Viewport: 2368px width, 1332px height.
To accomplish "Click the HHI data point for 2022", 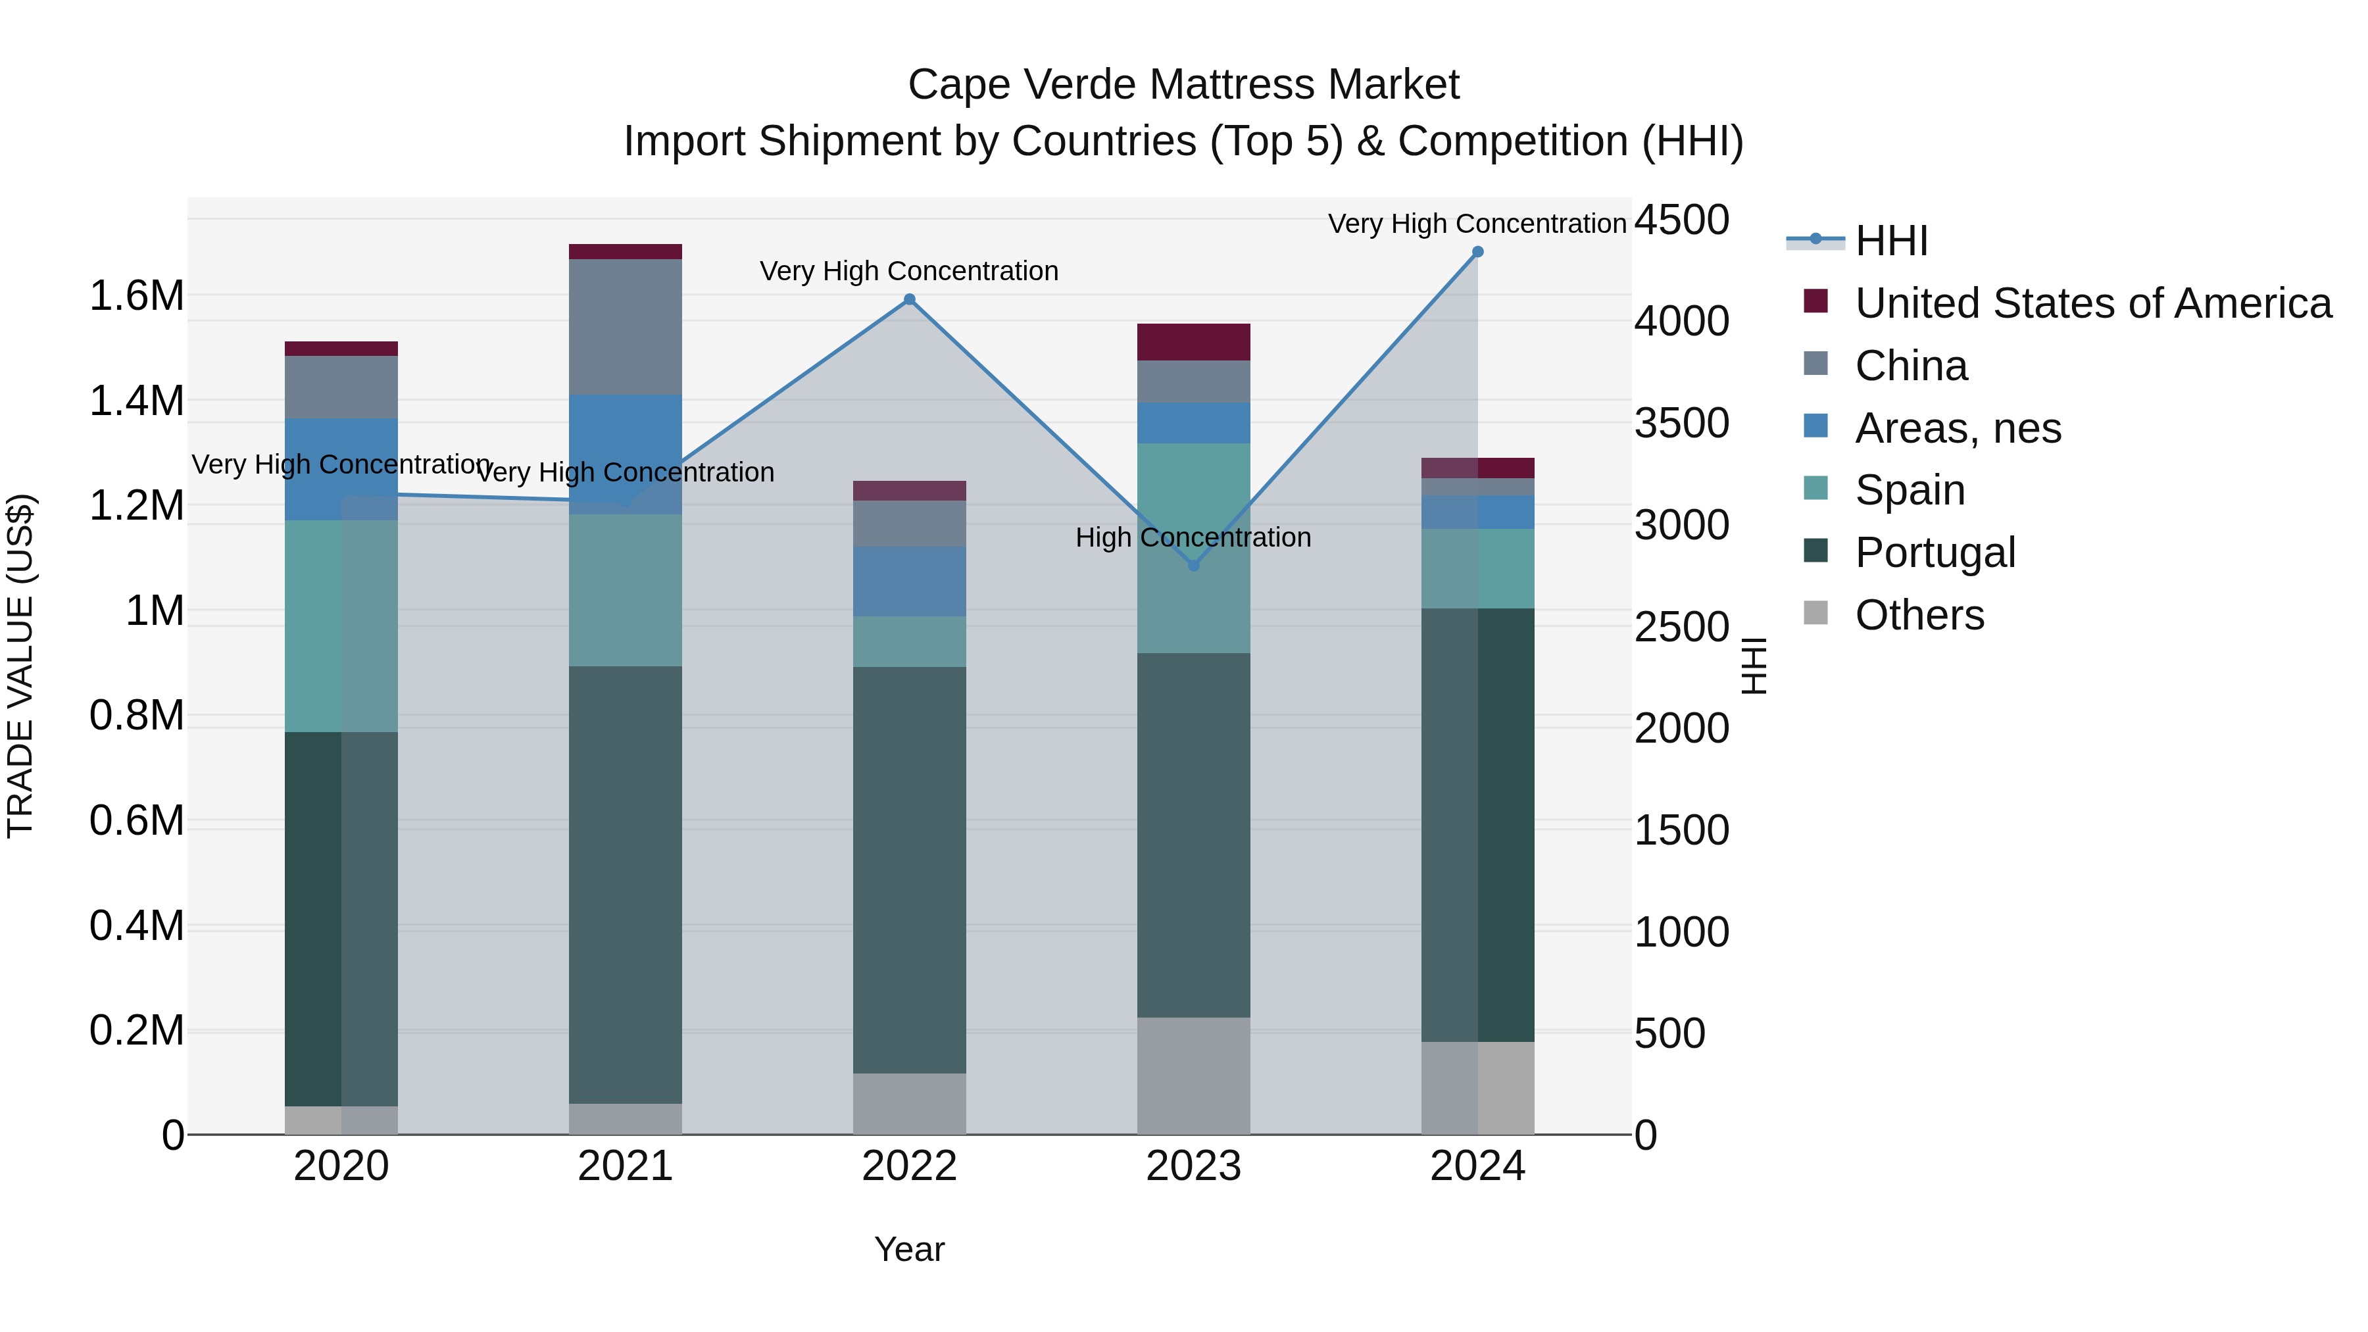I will [x=909, y=300].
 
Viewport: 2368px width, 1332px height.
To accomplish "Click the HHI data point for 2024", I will [x=1477, y=252].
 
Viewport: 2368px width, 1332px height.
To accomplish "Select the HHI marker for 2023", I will [x=1193, y=565].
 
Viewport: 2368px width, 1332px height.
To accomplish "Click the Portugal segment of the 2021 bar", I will [x=625, y=883].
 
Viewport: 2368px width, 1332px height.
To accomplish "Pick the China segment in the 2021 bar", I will [x=625, y=326].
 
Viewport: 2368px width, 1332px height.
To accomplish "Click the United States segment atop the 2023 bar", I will [x=1193, y=342].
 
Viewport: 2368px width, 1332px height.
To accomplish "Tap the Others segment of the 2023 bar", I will [x=1193, y=1075].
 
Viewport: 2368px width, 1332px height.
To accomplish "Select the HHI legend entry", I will [x=1891, y=241].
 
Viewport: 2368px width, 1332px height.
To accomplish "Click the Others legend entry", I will [x=1919, y=615].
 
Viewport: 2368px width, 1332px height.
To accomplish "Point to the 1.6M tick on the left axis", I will [x=136, y=296].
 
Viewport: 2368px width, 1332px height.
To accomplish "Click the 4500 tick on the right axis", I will [x=1681, y=220].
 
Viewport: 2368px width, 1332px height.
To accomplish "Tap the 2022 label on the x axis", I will [x=909, y=1166].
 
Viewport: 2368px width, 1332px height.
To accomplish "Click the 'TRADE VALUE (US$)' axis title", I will [x=20, y=666].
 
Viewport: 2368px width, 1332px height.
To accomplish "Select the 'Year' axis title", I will [x=909, y=1249].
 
